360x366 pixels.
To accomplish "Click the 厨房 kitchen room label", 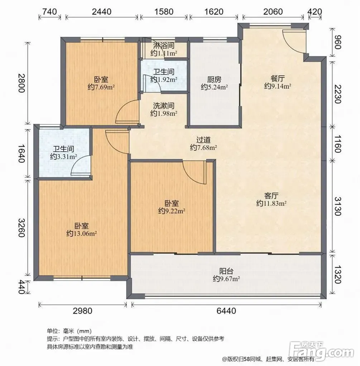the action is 214,79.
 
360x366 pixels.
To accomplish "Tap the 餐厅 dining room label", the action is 278,78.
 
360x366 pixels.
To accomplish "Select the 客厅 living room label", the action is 271,195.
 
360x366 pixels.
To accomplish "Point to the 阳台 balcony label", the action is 226,271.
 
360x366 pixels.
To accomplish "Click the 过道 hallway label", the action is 203,140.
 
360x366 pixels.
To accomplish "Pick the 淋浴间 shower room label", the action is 164,46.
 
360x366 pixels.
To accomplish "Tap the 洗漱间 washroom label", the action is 164,106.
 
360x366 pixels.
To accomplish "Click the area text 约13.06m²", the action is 82,233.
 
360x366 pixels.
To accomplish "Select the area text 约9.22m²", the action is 172,211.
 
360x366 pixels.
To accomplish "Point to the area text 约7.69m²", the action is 101,87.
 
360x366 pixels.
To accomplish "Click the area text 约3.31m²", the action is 63,156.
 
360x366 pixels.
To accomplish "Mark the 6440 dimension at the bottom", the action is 226,311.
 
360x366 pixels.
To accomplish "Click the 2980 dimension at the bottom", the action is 82,311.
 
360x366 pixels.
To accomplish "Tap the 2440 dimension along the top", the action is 101,11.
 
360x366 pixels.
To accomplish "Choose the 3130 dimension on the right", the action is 338,206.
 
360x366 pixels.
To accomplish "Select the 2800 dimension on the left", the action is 21,83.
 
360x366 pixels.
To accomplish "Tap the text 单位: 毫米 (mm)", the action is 69,331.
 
